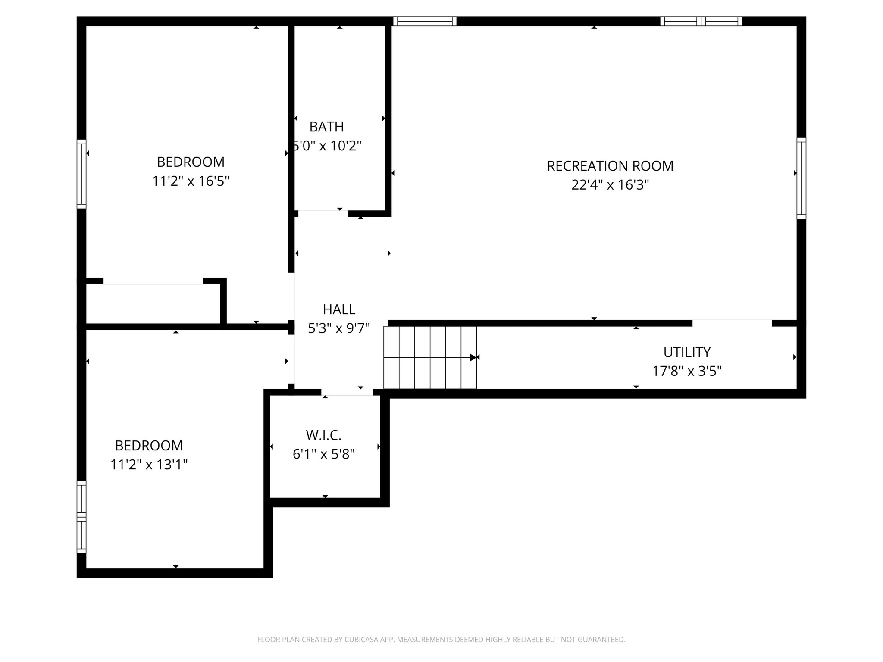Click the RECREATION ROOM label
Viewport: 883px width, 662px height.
[610, 166]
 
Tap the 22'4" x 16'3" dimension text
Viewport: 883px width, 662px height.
[610, 185]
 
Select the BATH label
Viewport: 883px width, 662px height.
[326, 127]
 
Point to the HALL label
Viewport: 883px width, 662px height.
[339, 309]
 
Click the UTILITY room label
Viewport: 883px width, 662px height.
[686, 352]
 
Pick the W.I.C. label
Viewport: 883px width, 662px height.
[323, 435]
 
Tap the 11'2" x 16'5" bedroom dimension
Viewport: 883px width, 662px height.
[190, 181]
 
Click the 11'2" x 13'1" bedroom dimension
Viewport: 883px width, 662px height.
[149, 465]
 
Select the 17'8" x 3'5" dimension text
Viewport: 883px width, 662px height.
[686, 371]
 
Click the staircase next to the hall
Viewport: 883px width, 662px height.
[430, 357]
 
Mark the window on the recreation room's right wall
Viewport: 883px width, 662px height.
[801, 178]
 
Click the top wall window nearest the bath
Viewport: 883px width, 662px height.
[425, 21]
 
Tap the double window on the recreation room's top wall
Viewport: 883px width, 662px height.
[701, 21]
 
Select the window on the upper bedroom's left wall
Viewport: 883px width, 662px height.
[81, 174]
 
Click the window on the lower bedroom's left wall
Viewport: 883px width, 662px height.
[81, 517]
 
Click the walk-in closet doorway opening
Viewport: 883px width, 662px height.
[347, 392]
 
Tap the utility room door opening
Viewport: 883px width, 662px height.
[732, 323]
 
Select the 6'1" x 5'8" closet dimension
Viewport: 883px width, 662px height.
[323, 454]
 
